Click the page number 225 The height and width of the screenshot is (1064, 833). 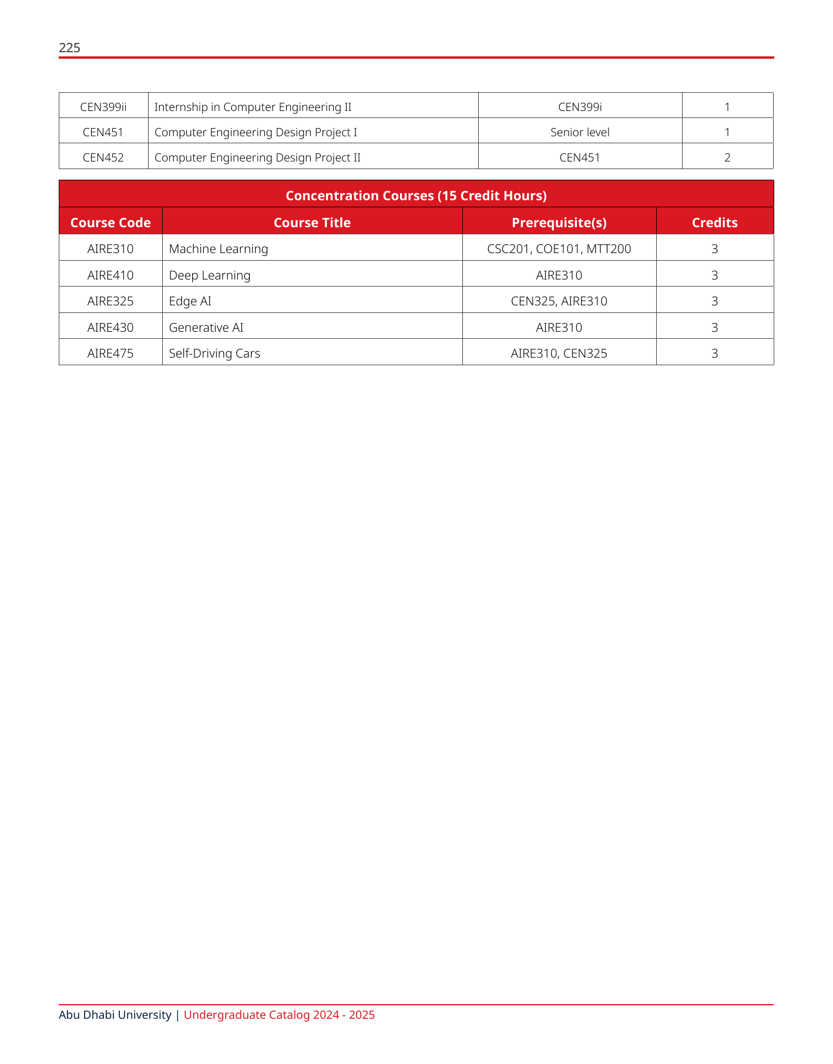click(x=69, y=48)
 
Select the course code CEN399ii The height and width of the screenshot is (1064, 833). click(x=103, y=107)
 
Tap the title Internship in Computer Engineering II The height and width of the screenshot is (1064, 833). click(x=253, y=107)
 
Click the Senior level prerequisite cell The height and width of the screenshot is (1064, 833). click(x=580, y=132)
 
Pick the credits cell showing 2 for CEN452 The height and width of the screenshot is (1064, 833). click(x=727, y=157)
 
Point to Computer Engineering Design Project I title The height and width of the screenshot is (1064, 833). click(x=256, y=132)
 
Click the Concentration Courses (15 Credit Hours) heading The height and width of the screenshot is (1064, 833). click(x=416, y=196)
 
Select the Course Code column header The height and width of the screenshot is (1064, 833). click(x=110, y=223)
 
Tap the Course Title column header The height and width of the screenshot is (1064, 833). click(x=312, y=223)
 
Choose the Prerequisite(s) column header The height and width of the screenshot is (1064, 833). click(x=559, y=223)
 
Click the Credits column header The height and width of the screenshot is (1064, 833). click(x=714, y=223)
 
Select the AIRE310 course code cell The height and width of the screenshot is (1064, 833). click(x=110, y=249)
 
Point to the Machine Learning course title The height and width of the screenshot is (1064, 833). click(x=219, y=249)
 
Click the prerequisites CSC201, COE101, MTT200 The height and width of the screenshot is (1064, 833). click(x=559, y=249)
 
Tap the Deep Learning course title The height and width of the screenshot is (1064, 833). click(x=210, y=275)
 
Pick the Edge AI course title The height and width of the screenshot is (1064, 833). click(x=190, y=301)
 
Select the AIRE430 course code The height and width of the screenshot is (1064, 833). click(x=110, y=328)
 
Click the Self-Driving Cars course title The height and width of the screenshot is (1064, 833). click(x=214, y=353)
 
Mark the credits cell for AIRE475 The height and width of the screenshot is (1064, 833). click(x=714, y=353)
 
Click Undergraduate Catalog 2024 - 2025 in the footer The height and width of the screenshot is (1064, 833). click(x=279, y=1015)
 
